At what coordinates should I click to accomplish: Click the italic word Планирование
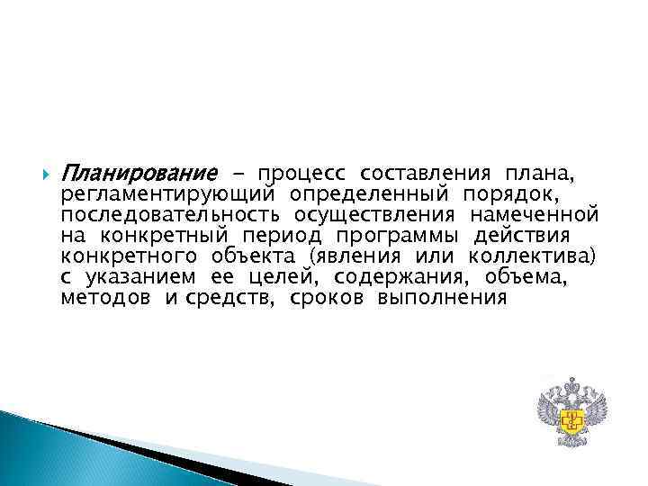(x=139, y=172)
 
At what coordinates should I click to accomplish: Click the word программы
(x=391, y=236)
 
